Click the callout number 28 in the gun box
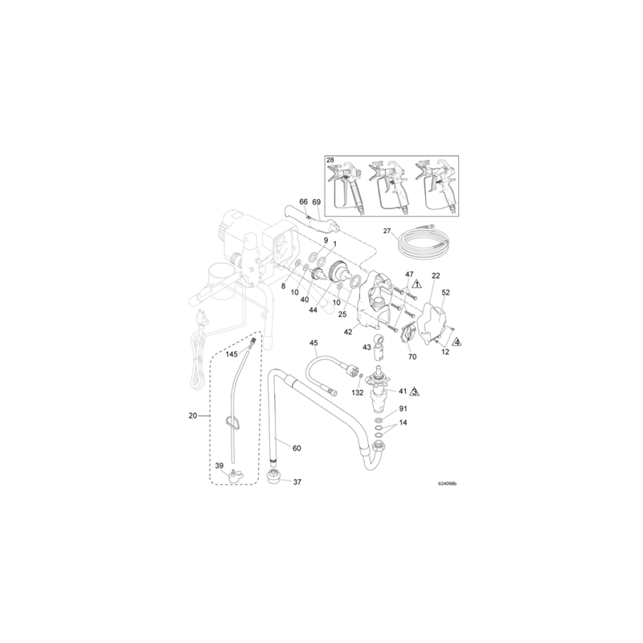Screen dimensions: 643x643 pos(331,161)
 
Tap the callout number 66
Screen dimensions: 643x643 pos(304,202)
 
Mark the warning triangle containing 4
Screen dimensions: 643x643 pos(457,342)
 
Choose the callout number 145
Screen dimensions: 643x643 pos(231,354)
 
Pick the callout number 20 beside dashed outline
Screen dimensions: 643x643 pos(192,416)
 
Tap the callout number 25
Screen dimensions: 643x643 pos(342,314)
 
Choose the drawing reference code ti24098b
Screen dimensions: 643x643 pos(447,485)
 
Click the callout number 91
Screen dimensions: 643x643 pos(403,409)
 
